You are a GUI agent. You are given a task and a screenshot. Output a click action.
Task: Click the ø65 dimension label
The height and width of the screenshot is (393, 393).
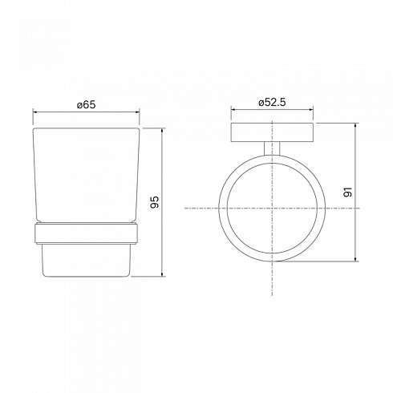[86, 104]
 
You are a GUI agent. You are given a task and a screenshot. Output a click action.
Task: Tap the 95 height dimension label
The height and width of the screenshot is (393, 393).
[155, 202]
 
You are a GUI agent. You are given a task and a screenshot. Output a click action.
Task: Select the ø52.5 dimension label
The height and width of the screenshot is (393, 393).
[272, 102]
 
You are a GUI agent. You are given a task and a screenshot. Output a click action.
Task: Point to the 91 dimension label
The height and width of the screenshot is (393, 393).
[347, 192]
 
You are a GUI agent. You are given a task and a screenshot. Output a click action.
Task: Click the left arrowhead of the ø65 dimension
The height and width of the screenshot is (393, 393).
[34, 112]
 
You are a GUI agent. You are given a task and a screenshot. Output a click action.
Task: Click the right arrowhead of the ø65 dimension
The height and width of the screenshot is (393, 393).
[137, 112]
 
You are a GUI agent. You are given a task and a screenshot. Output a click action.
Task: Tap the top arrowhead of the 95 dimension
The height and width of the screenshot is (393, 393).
[162, 131]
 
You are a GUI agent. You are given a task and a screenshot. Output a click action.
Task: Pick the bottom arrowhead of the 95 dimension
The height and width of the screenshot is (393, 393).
[162, 274]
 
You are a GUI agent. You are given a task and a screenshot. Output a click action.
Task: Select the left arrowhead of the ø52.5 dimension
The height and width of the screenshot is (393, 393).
[233, 109]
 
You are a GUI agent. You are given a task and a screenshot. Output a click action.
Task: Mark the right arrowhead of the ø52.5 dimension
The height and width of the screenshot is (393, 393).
[310, 109]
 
